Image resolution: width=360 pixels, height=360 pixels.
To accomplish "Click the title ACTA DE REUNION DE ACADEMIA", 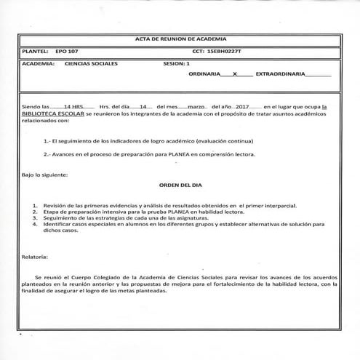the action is pos(180,38).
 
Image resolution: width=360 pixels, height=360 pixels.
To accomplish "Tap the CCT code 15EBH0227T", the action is pos(225,52).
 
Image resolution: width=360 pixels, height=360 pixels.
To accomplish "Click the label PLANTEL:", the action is pos(36,52).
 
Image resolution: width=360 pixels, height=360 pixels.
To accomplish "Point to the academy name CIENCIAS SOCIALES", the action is pos(91,64).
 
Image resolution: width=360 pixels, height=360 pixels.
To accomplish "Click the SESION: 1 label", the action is pos(177,64).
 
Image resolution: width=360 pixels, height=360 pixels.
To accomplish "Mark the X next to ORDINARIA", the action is pos(235,75).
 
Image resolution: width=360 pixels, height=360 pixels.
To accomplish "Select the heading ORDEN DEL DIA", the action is pos(180,185).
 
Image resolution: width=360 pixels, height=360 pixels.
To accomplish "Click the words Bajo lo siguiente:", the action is pos(45,175).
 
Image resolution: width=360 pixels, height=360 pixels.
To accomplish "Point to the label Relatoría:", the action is pos(36,257).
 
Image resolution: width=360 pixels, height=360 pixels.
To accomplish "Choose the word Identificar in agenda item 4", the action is pos(60,224).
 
